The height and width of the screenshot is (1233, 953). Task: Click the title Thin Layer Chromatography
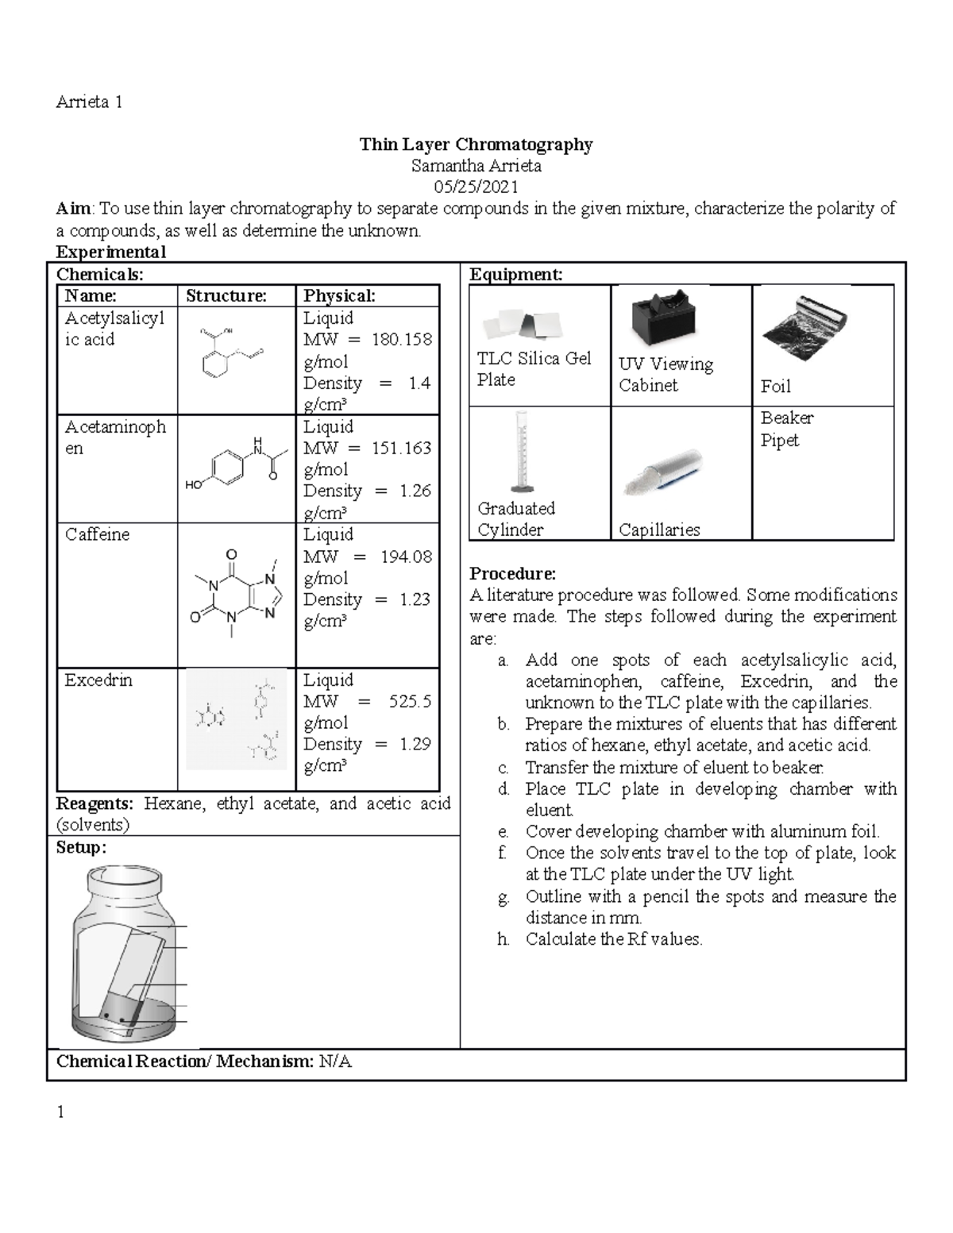(x=476, y=144)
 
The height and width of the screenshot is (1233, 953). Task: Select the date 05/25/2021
(x=476, y=187)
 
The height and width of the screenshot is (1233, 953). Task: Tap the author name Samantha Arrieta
(x=476, y=166)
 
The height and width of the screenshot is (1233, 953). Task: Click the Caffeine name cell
(x=97, y=534)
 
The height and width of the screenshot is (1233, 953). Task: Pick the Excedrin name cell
(x=98, y=680)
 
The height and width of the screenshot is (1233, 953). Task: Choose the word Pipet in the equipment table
(x=779, y=441)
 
